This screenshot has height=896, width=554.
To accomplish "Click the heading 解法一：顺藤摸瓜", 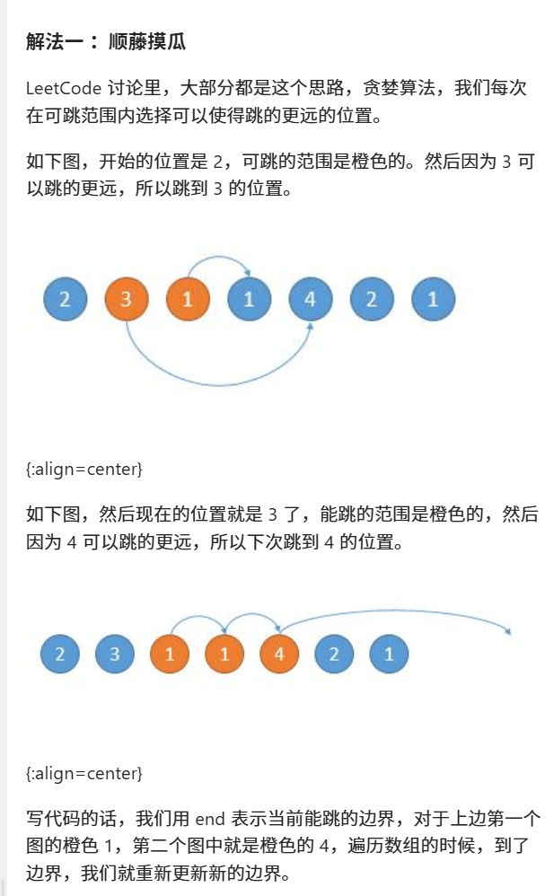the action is point(106,42).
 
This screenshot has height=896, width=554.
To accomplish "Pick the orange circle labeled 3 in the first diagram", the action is point(127,300).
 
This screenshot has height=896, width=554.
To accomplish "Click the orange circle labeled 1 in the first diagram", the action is point(188,300).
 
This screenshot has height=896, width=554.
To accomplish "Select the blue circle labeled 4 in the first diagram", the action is point(311,300).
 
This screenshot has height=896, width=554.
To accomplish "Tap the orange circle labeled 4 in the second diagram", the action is point(279,654).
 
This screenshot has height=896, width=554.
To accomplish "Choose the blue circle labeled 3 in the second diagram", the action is point(115,654).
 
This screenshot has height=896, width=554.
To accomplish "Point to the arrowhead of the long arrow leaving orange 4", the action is point(508,632).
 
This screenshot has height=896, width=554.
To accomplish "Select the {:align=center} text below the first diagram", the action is point(84,469).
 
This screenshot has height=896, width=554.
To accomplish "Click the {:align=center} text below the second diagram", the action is point(84,773).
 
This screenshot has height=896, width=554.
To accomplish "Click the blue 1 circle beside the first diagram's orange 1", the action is point(249,300).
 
